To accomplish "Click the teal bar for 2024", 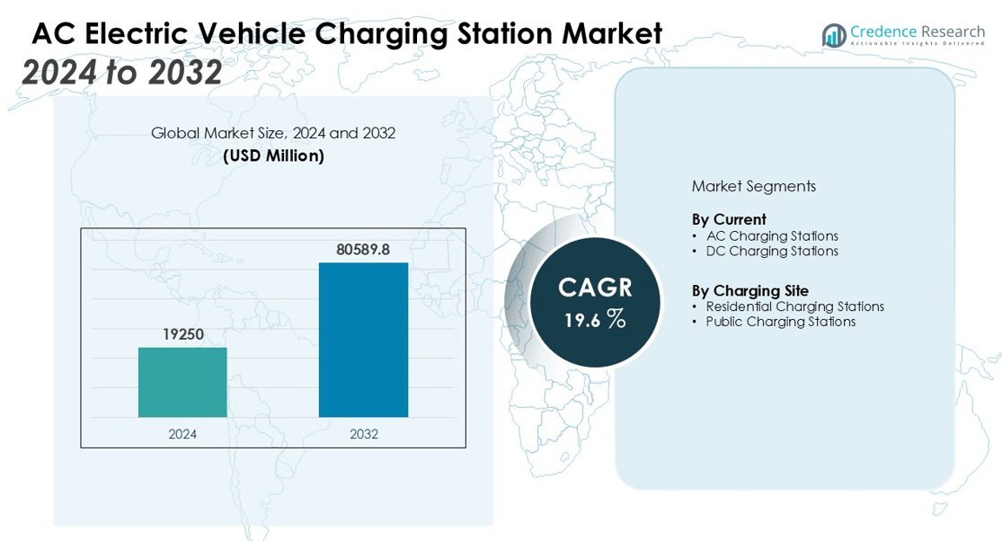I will (x=182, y=382).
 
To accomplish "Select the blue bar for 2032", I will (x=363, y=340).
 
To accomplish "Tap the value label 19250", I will (x=182, y=334).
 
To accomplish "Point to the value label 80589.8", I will (x=363, y=249).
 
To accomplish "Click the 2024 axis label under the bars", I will (x=182, y=434).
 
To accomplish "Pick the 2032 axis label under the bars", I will (x=363, y=434).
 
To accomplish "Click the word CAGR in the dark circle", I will (x=595, y=288).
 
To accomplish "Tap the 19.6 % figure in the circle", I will (x=595, y=319).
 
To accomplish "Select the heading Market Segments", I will (x=753, y=186).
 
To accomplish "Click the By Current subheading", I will (x=729, y=219).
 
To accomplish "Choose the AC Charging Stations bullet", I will (x=771, y=235).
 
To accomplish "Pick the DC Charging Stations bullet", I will (x=771, y=251).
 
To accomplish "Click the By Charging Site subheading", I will (x=749, y=290).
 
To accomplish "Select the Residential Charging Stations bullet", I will (x=794, y=306).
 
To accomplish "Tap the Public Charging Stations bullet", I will (x=780, y=322).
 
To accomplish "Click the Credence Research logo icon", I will (x=834, y=35).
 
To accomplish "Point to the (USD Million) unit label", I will (x=273, y=155).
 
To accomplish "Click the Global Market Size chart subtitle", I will (x=273, y=133).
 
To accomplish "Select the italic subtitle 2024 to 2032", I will (x=122, y=72).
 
